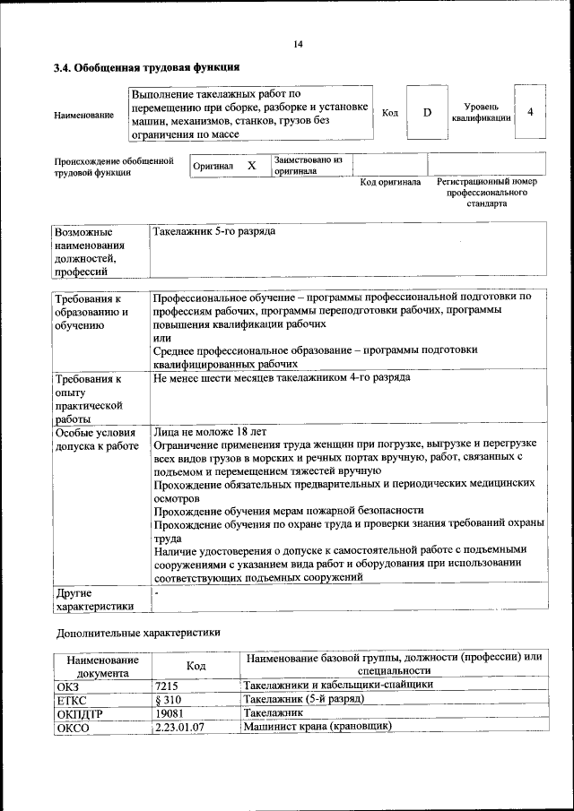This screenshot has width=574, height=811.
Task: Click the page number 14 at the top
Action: coord(298,45)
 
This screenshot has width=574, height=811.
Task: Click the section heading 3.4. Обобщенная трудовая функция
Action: coord(146,67)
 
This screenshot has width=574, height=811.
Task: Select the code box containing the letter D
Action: coord(427,112)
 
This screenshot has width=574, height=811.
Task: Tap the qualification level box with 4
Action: coord(531,112)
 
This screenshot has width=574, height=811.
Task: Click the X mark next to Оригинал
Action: coord(252,166)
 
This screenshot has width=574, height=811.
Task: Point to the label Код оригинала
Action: coord(389,182)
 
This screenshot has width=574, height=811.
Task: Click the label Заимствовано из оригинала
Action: coord(308,165)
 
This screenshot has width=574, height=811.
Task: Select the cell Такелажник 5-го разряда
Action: coord(213,231)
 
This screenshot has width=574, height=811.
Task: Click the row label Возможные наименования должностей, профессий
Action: coord(90,251)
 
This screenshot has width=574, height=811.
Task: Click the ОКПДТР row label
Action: coord(79,712)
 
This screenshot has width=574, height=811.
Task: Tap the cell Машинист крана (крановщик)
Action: coord(317,727)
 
